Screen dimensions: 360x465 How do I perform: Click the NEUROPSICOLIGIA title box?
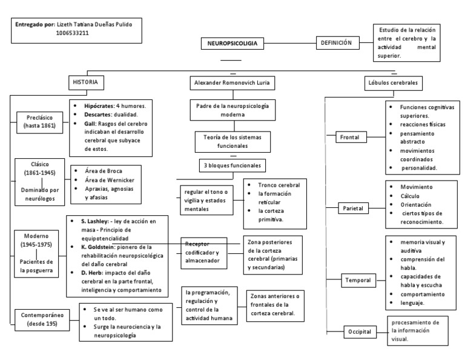[x=232, y=44]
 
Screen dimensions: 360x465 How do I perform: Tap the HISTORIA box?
[x=85, y=82]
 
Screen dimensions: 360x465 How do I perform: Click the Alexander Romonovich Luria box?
[x=232, y=82]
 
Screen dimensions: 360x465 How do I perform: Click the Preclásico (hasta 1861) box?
[x=41, y=121]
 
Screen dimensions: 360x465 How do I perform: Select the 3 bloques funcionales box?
[x=232, y=165]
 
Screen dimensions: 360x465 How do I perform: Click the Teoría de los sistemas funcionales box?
[x=232, y=141]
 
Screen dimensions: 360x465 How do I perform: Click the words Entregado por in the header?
[x=33, y=24]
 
